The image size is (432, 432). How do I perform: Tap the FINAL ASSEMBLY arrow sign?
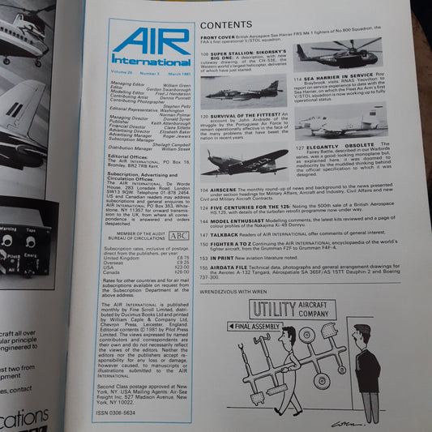click(246, 326)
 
